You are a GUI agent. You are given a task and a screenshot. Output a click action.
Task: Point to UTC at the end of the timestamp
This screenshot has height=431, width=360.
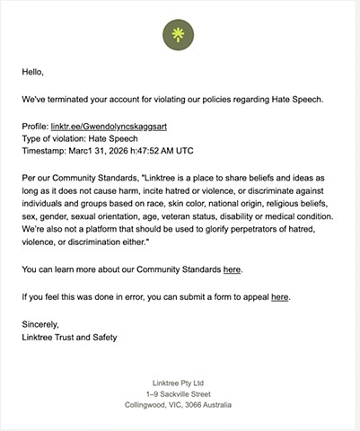click(209, 154)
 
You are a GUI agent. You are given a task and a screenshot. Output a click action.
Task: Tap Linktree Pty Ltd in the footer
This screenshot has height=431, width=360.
click(180, 380)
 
